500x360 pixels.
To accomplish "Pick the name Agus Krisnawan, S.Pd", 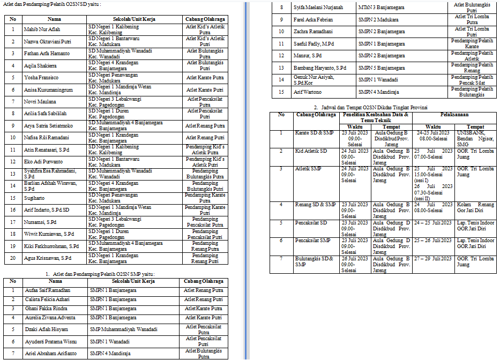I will (x=48, y=258).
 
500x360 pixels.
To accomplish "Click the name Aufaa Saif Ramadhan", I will (x=48, y=290).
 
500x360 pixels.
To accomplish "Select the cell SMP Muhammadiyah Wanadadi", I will (x=123, y=329).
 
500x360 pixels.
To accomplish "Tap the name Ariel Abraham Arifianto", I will (x=50, y=353).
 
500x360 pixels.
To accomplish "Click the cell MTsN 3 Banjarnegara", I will (x=382, y=7).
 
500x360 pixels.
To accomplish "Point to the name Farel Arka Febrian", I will (x=314, y=20).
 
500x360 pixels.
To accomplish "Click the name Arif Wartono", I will (x=308, y=92).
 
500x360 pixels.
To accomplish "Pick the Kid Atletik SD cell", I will (x=311, y=151).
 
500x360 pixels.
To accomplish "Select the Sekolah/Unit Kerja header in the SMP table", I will (x=133, y=281).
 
